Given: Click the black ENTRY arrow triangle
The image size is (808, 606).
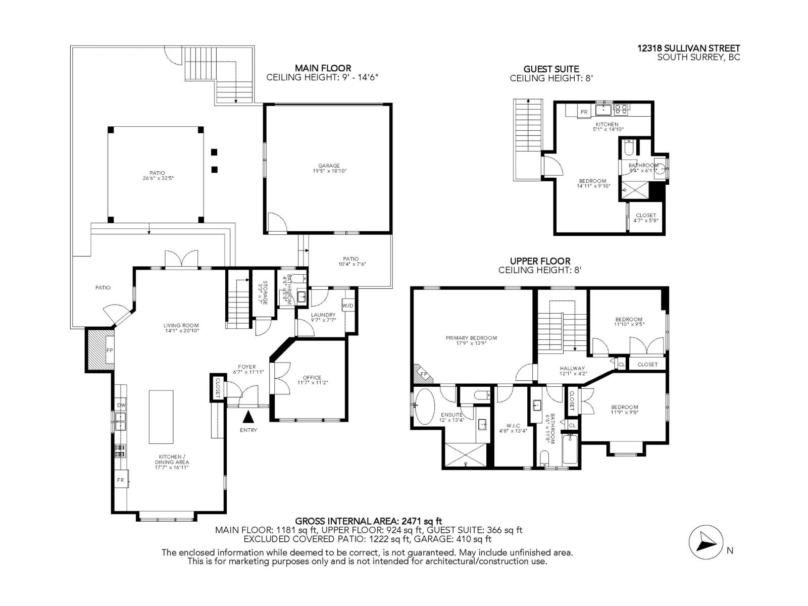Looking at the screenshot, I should click(x=248, y=417).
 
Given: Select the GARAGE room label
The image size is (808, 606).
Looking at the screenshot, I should click(x=329, y=166).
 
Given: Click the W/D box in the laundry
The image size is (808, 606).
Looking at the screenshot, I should click(x=348, y=306).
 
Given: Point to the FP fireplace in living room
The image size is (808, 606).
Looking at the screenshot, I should click(x=110, y=350).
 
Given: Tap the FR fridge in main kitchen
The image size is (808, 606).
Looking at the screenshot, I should click(x=121, y=480).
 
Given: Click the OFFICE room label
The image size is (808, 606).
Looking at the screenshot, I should click(x=312, y=378).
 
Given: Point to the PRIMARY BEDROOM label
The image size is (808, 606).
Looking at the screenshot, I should click(x=471, y=338).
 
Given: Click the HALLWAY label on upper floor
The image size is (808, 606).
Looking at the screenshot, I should click(x=572, y=369).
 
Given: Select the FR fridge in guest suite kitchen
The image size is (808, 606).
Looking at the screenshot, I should click(x=584, y=112).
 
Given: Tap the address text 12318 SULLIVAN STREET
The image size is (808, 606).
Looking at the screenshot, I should click(x=688, y=48).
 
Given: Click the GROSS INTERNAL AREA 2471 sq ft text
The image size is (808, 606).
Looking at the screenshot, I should click(x=369, y=521).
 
